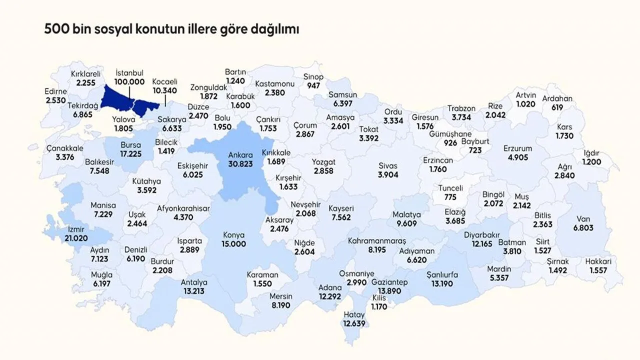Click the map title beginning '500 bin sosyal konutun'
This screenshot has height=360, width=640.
click(171, 29)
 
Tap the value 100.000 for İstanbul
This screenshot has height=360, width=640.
click(129, 81)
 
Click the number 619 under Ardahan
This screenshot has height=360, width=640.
click(557, 107)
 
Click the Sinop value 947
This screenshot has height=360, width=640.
click(313, 85)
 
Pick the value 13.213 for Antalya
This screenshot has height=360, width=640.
click(194, 290)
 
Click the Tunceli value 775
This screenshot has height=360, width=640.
click(451, 196)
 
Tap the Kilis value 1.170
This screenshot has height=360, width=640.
click(379, 306)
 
